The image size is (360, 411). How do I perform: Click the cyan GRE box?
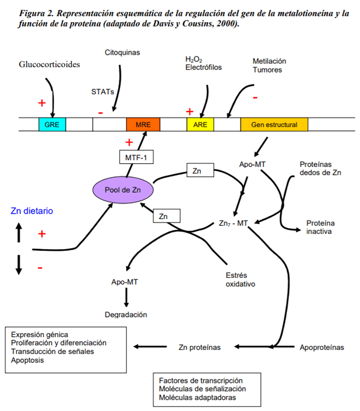click(52, 124)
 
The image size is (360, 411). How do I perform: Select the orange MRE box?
click(143, 124)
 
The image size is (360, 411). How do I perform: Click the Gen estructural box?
click(274, 124)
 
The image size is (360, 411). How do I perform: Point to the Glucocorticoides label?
click(49, 64)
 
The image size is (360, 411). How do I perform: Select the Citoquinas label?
click(122, 53)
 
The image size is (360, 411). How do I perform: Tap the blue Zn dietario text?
click(32, 211)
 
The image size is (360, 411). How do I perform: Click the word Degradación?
click(126, 314)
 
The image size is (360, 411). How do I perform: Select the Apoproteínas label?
click(322, 347)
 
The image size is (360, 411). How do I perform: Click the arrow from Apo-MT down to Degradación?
click(127, 297)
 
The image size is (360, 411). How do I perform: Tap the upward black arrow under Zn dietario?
click(19, 232)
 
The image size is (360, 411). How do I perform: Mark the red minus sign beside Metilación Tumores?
click(255, 97)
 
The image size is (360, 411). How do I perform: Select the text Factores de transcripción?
click(200, 380)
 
